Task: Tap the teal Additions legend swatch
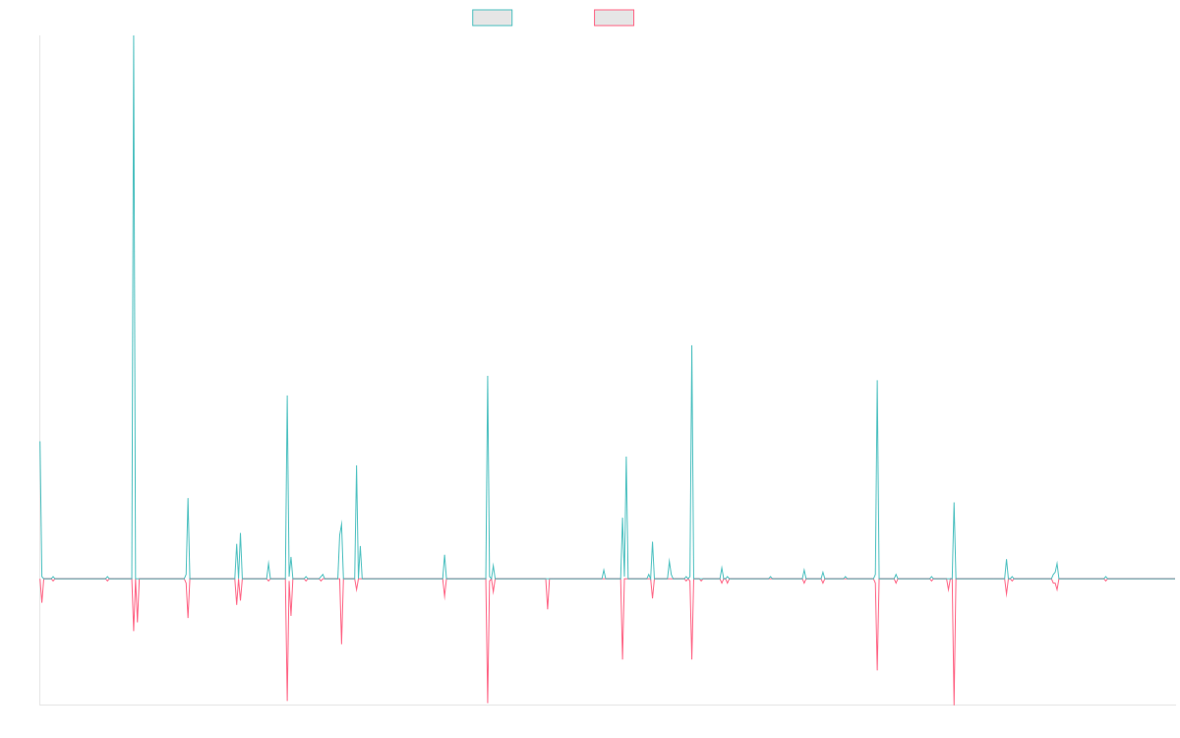coord(493,18)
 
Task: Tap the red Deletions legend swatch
coord(614,18)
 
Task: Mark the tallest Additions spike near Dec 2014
coord(134,37)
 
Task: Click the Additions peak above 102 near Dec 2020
coord(692,345)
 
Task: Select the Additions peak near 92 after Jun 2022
coord(877,381)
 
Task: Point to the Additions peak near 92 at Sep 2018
coord(487,376)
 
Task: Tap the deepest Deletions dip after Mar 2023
coord(954,704)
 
